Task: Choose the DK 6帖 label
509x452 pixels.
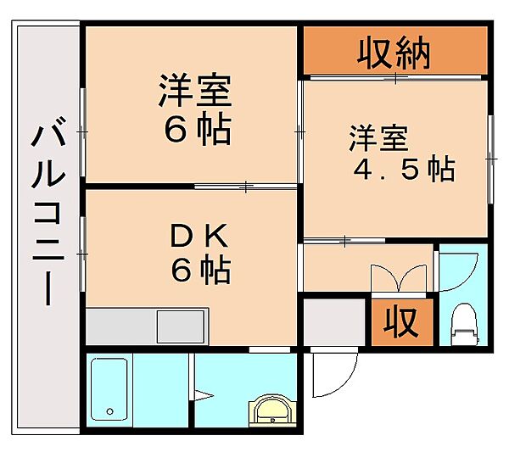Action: (x=200, y=253)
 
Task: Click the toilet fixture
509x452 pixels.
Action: (x=464, y=323)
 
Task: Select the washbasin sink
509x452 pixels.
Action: (x=271, y=410)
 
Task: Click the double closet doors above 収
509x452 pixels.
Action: (x=397, y=278)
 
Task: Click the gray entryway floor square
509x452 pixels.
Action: (x=333, y=322)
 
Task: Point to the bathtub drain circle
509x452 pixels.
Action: (x=109, y=412)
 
